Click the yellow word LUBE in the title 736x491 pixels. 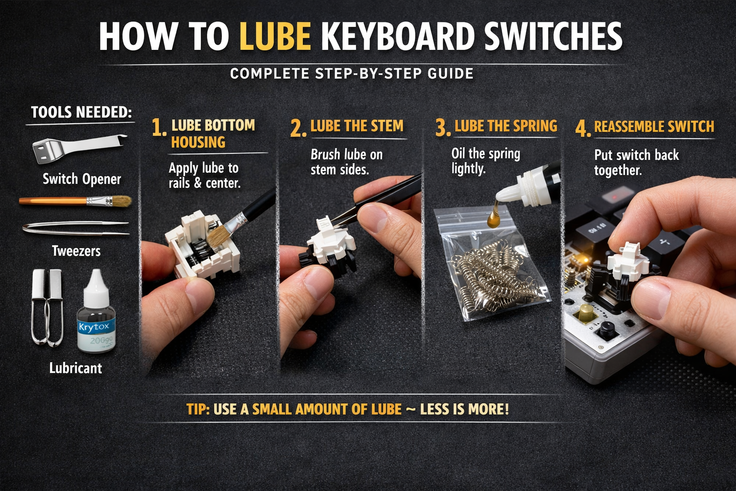(x=275, y=36)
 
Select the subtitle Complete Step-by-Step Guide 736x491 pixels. (x=352, y=73)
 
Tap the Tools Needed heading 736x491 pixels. (x=81, y=112)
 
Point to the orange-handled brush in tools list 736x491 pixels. (x=75, y=201)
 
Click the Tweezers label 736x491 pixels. (x=76, y=251)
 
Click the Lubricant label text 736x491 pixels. (x=76, y=368)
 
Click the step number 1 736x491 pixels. (x=158, y=128)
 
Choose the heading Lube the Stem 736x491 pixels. (x=356, y=126)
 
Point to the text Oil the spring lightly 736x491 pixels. (x=485, y=161)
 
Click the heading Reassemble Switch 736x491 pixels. (x=654, y=127)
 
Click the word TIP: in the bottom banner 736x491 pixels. (x=198, y=409)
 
